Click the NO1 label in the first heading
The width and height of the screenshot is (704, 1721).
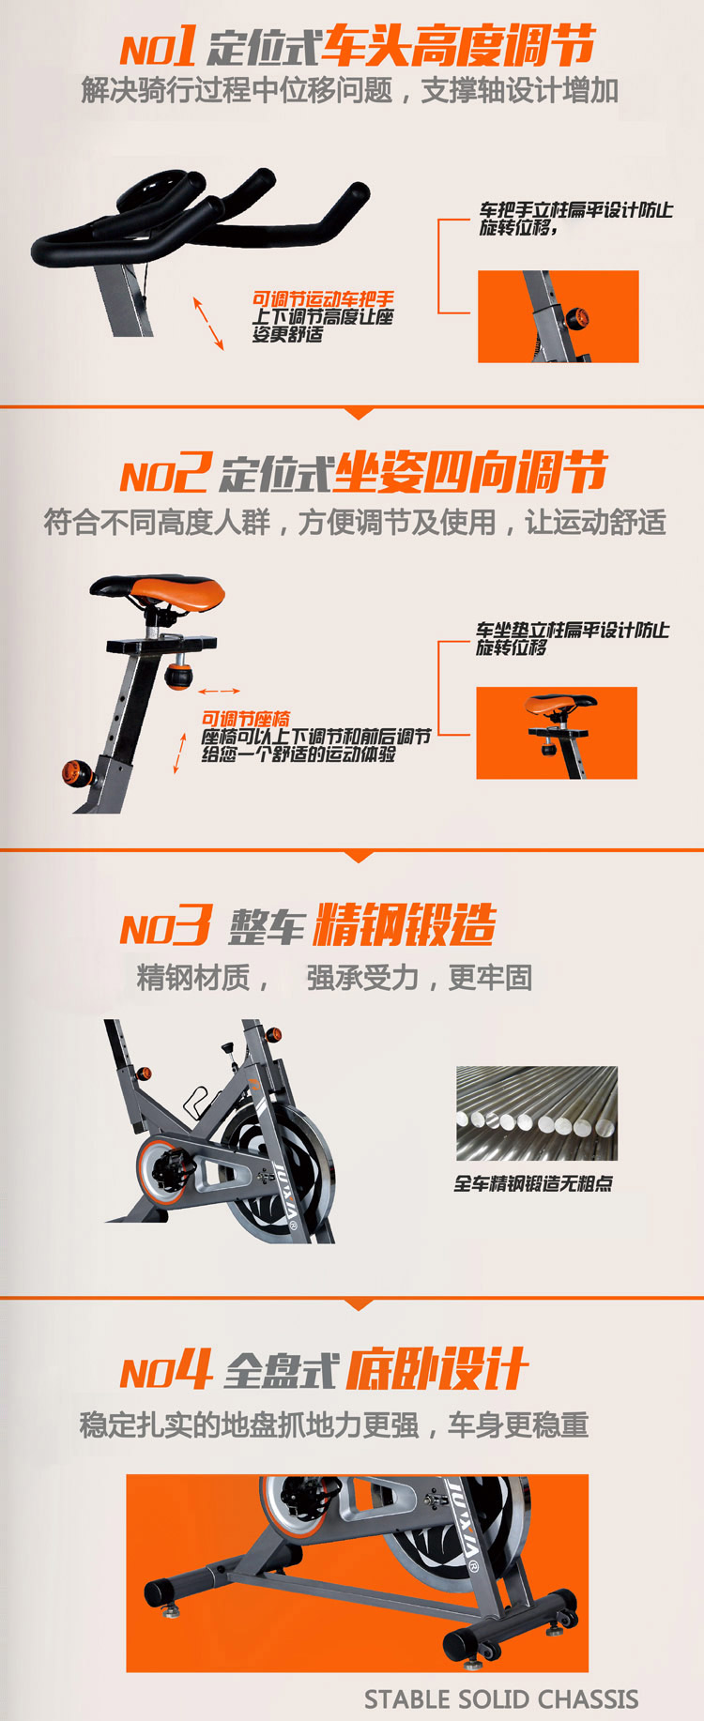(x=158, y=45)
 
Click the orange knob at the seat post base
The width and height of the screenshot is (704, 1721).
(x=77, y=773)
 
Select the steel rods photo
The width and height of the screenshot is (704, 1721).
(x=537, y=1113)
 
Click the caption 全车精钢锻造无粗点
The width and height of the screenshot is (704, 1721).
(x=533, y=1184)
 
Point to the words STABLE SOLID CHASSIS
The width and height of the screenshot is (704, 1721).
(x=501, y=1699)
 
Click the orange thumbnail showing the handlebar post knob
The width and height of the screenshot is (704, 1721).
(x=559, y=316)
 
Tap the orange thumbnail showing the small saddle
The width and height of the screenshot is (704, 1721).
(x=557, y=733)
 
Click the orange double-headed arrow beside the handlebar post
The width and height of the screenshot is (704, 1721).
(x=208, y=324)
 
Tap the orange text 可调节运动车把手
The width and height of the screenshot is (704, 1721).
(x=323, y=299)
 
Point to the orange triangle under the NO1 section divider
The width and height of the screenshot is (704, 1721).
(x=360, y=413)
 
